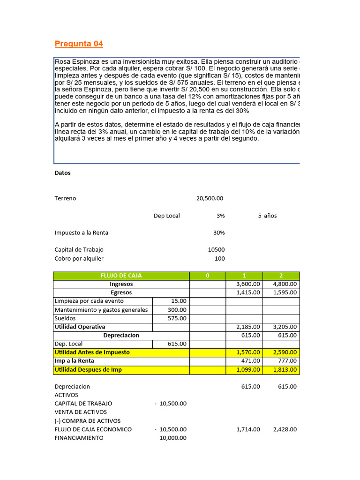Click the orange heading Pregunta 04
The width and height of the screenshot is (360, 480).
click(x=79, y=44)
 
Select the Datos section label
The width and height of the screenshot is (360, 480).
click(x=62, y=173)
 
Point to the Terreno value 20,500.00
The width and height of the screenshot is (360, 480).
click(x=210, y=198)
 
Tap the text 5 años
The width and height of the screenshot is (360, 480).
click(x=267, y=216)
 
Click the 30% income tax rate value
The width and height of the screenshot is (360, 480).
click(x=218, y=232)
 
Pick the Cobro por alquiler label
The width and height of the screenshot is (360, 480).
click(x=79, y=258)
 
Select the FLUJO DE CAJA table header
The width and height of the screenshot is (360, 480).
click(x=121, y=276)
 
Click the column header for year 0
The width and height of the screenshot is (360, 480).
click(x=207, y=276)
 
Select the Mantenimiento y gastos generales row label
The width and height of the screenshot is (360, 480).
click(x=101, y=310)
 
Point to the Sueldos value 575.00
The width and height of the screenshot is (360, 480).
click(x=177, y=318)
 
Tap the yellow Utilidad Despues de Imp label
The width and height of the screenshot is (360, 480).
click(x=88, y=369)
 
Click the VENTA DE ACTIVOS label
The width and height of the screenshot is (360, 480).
click(x=81, y=412)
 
